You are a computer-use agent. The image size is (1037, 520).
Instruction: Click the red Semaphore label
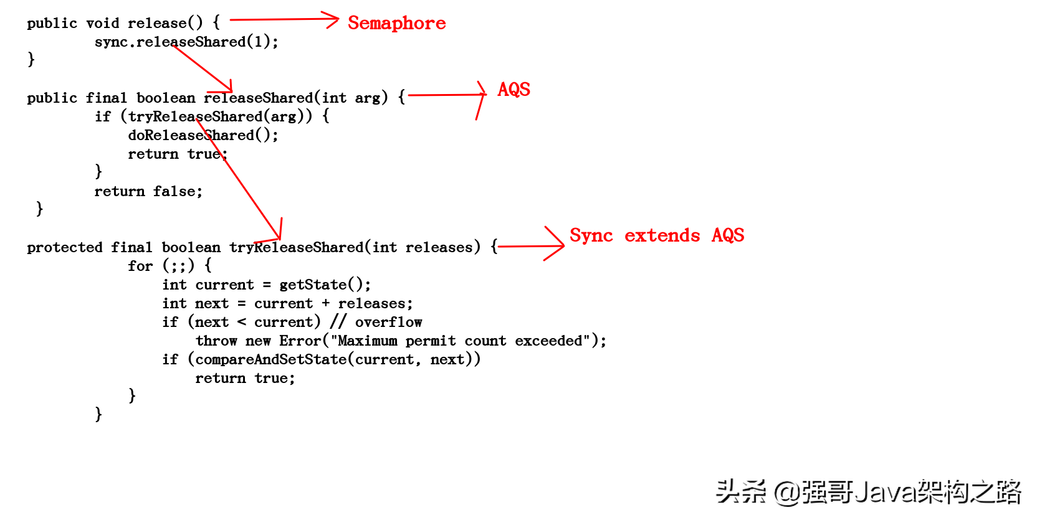point(396,23)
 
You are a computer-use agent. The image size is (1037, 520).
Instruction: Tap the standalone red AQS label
point(514,90)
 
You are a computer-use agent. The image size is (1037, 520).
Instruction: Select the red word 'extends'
point(662,235)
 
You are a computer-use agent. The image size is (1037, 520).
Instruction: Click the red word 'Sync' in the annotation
point(591,235)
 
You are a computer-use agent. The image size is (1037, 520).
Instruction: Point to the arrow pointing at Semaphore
point(284,20)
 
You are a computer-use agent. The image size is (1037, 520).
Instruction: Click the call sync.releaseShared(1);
point(186,42)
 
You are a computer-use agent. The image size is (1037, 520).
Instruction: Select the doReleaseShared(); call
point(203,135)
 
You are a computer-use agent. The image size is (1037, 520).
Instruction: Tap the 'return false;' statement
point(148,191)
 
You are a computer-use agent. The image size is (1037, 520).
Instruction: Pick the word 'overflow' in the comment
point(388,322)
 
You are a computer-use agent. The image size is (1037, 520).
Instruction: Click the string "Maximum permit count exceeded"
point(460,341)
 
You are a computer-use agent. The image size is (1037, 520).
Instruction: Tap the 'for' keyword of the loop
point(140,266)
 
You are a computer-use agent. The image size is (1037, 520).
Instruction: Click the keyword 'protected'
point(64,247)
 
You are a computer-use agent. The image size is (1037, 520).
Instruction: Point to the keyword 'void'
point(102,23)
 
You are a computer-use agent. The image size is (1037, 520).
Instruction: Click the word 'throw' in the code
point(216,341)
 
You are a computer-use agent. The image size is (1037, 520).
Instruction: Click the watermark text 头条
point(740,492)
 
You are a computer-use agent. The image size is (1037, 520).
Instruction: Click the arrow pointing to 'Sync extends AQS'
point(531,246)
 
